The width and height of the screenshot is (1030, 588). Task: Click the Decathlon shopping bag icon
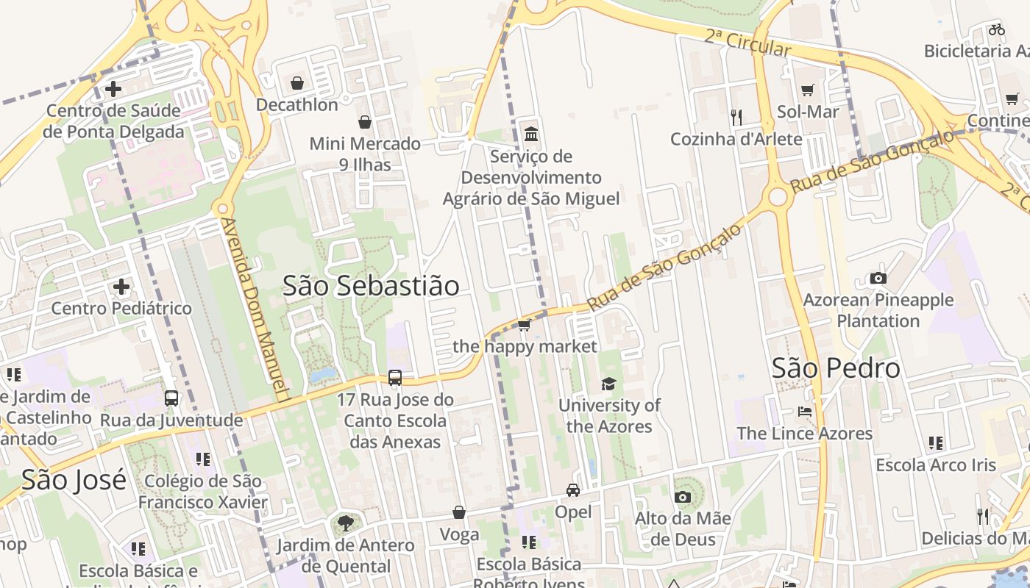click(297, 83)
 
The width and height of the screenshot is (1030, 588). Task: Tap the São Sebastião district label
click(371, 286)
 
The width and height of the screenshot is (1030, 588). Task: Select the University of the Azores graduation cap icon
click(608, 384)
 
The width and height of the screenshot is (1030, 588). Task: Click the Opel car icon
click(573, 490)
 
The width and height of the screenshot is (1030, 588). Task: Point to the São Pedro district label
click(836, 367)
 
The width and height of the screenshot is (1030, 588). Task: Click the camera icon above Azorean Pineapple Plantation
click(878, 278)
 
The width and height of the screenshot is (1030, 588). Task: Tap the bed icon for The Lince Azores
click(805, 412)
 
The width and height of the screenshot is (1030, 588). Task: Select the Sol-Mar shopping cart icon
click(808, 90)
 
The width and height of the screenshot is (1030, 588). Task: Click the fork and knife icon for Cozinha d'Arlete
click(736, 116)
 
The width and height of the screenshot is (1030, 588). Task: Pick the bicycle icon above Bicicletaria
click(997, 29)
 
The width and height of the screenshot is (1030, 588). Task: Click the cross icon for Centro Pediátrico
click(121, 286)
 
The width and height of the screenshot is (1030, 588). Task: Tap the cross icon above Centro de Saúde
click(113, 90)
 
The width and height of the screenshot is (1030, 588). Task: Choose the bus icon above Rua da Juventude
click(171, 398)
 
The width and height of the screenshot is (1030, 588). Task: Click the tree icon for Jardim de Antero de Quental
click(345, 523)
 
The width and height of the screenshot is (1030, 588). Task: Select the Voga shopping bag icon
click(459, 512)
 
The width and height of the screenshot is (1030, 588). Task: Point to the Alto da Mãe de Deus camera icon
click(683, 497)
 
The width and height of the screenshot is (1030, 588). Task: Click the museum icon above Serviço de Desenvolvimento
click(531, 134)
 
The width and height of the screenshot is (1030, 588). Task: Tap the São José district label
click(74, 480)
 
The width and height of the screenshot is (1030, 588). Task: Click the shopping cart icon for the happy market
click(524, 325)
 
